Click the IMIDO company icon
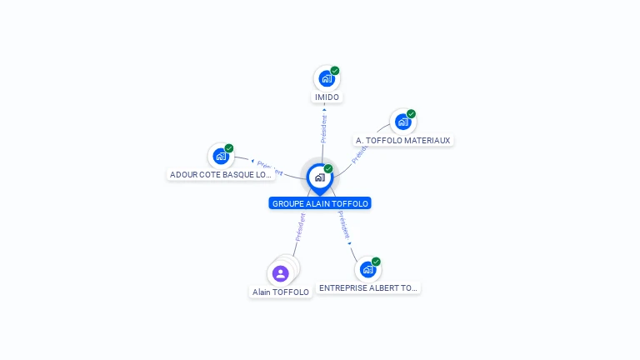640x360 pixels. click(x=327, y=78)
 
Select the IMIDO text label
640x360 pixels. click(x=327, y=97)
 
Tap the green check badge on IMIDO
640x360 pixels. click(x=335, y=71)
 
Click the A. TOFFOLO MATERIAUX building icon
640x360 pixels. click(x=403, y=122)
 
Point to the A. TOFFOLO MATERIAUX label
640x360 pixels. click(x=402, y=141)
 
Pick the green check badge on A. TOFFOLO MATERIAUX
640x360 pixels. click(x=412, y=114)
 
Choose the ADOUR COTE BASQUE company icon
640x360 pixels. click(x=221, y=155)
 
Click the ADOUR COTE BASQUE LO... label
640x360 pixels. click(x=221, y=175)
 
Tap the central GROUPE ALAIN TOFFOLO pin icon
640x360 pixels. click(x=319, y=177)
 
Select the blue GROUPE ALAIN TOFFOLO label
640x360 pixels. click(x=320, y=203)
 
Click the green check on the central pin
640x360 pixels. click(x=328, y=169)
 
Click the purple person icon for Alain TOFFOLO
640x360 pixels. click(x=281, y=272)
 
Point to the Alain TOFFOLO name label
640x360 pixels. click(x=281, y=292)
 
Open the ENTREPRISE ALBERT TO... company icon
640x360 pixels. click(x=367, y=269)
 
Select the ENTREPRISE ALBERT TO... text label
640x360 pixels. click(x=368, y=287)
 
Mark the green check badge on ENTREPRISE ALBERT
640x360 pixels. click(x=377, y=262)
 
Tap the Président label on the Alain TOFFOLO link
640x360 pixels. click(x=299, y=227)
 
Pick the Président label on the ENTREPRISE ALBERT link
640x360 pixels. click(x=343, y=225)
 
